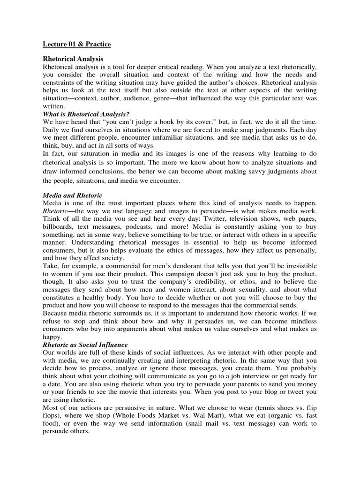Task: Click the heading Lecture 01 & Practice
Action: [x=77, y=44]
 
